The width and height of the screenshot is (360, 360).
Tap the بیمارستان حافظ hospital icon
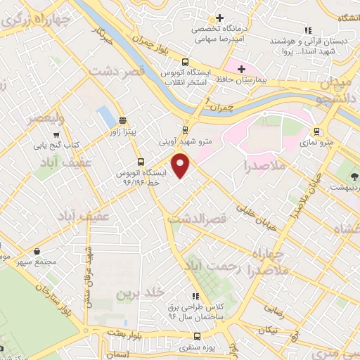click(243, 69)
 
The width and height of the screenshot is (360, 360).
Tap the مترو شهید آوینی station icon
click(185, 129)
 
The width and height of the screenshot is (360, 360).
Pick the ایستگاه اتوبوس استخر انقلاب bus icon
click(185, 62)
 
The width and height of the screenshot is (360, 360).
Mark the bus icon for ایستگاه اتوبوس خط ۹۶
click(141, 161)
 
